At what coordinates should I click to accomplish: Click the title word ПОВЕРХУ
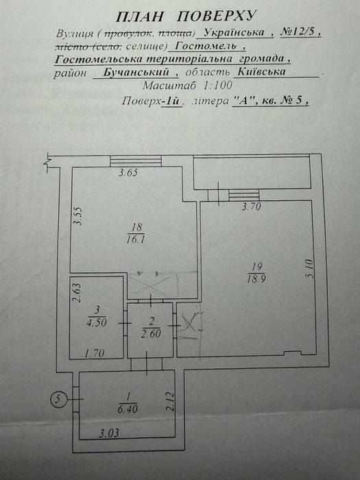pos(215,16)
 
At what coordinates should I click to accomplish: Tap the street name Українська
pos(235,32)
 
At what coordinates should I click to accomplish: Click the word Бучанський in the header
pos(136,73)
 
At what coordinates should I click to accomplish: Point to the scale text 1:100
pos(218,86)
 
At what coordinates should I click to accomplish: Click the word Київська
pos(262,72)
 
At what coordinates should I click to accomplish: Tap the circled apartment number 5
pos(58,399)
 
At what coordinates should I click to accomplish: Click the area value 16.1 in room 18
pos(136,239)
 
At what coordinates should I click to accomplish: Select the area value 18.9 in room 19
pos(256,279)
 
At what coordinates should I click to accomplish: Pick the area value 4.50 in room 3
pos(97,322)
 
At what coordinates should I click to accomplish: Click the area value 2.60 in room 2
pos(151,333)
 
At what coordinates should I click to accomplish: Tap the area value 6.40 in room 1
pos(128,409)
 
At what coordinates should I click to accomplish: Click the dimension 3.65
pos(129,173)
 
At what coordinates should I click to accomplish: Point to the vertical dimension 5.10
pos(309,269)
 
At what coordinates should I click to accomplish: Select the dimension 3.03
pos(109,433)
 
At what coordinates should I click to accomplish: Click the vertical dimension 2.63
pos(77,293)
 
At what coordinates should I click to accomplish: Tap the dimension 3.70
pos(252,206)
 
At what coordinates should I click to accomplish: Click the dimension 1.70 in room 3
pos(95,354)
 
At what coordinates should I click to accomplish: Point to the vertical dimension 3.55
pos(78,217)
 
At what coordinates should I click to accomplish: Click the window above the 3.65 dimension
pos(136,161)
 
